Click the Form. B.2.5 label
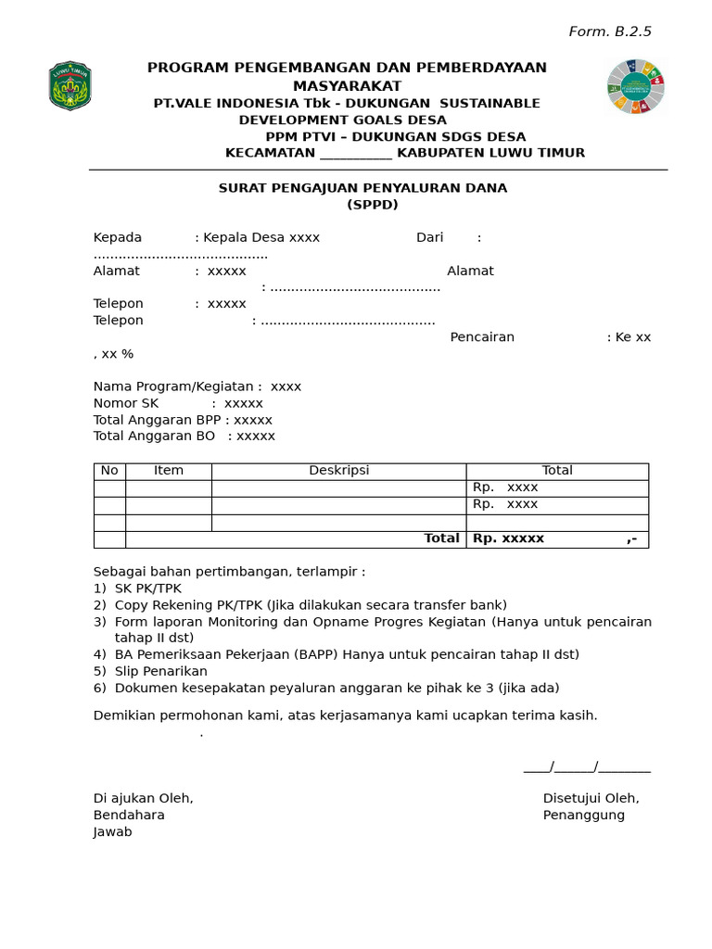click(x=609, y=32)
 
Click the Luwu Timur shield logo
click(x=70, y=86)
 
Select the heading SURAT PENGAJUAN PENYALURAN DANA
click(x=362, y=188)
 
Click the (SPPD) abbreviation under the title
click(x=372, y=205)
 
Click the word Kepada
click(x=118, y=237)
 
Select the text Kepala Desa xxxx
click(x=261, y=237)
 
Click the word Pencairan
click(x=482, y=337)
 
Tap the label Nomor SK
click(x=126, y=403)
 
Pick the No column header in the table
click(x=109, y=471)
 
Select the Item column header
click(x=169, y=471)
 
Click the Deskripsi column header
click(x=338, y=471)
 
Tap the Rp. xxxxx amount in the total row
click(x=508, y=538)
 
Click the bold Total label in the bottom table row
click(x=441, y=538)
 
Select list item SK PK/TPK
click(x=147, y=588)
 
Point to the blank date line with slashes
click(x=587, y=766)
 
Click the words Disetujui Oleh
click(x=591, y=798)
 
